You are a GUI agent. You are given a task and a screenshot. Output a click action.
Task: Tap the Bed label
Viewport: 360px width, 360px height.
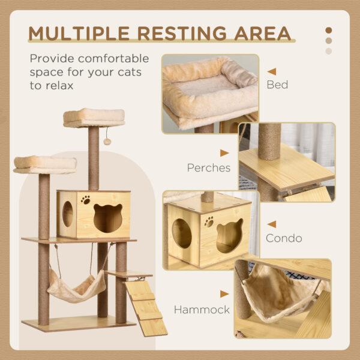[277, 85]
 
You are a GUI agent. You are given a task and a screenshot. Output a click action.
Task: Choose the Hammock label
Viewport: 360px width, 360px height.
[202, 310]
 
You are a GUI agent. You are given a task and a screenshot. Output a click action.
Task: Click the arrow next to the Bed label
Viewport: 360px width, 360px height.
[272, 71]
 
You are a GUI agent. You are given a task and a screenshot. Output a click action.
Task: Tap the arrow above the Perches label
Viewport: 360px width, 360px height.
[224, 153]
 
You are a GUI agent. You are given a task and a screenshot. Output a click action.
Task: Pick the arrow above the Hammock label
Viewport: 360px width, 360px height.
[224, 294]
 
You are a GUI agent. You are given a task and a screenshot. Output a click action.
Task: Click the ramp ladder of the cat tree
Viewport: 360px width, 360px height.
[145, 307]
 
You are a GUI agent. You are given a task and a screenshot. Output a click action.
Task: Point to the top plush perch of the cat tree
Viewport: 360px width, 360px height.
[94, 116]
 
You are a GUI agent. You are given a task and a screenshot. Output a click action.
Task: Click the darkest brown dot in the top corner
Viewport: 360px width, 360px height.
[328, 30]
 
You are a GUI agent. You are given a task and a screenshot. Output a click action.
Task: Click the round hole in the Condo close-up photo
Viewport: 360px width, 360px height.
[183, 233]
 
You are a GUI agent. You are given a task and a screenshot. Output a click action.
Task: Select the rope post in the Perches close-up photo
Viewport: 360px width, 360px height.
[269, 141]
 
